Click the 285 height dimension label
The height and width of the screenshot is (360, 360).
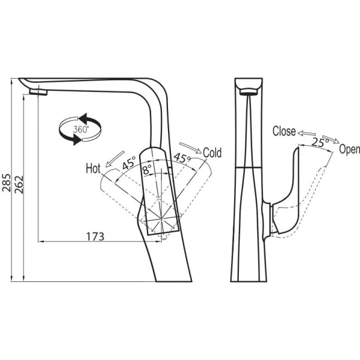(6, 182)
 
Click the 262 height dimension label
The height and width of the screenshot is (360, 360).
(19, 184)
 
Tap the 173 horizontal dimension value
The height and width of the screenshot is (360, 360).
(95, 236)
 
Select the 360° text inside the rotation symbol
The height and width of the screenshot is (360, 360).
(80, 130)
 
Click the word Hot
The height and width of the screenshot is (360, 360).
(93, 168)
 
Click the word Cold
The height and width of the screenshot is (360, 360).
(212, 152)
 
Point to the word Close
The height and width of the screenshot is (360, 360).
(284, 131)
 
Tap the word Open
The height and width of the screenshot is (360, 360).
(349, 149)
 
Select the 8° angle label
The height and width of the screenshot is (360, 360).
(147, 170)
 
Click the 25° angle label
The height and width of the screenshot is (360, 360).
(320, 142)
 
